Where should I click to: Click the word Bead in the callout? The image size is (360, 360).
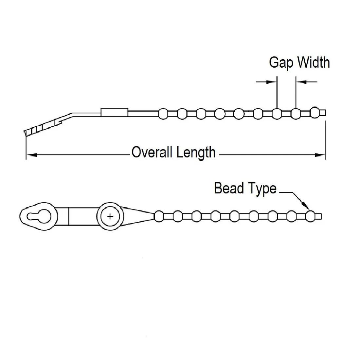229,188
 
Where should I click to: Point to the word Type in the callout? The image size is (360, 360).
262,189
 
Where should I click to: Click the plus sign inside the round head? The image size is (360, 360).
110,216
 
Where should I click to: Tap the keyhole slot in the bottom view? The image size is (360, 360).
39,216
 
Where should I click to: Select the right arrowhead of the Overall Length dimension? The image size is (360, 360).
320,155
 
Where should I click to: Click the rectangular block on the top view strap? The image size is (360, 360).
114,112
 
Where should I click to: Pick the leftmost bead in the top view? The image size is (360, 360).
163,114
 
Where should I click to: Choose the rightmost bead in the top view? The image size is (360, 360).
315,113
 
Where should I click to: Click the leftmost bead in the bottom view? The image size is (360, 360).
159,216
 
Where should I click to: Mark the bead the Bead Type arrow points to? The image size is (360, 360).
310,216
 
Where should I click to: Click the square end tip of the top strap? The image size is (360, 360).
323,113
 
